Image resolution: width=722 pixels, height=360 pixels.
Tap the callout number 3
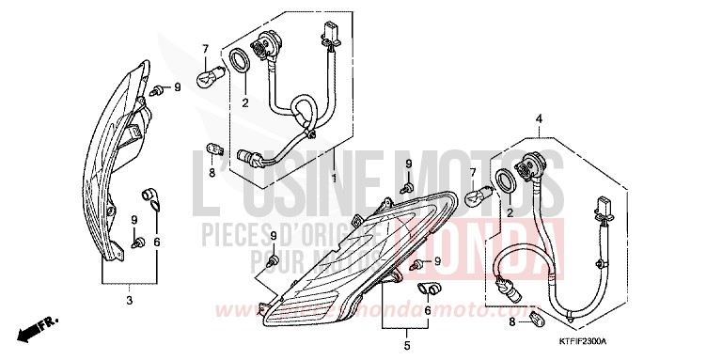click(x=129, y=300)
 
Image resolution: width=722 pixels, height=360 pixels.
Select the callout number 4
click(x=540, y=118)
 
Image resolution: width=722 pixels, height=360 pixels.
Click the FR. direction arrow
click(x=35, y=330)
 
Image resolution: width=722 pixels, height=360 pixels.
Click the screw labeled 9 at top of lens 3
click(x=155, y=91)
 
